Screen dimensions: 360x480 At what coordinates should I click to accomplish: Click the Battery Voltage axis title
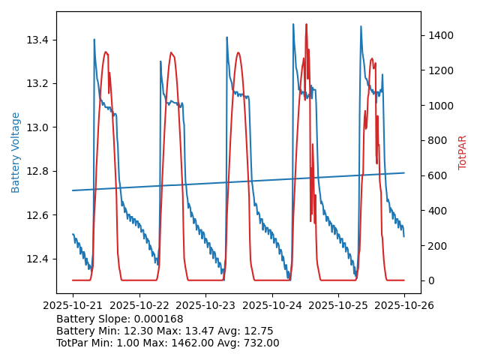click(x=16, y=152)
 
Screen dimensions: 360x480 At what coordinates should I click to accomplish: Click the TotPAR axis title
click(x=463, y=152)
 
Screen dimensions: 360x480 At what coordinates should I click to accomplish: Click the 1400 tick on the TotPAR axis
click(x=441, y=35)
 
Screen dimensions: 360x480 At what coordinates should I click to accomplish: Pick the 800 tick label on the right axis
click(x=438, y=140)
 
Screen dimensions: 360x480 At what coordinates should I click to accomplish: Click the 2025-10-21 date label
click(x=73, y=306)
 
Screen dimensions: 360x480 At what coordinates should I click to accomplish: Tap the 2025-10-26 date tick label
click(x=404, y=306)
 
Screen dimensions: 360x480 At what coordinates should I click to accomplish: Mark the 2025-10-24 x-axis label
click(x=271, y=306)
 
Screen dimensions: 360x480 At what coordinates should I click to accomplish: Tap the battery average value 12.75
click(x=258, y=331)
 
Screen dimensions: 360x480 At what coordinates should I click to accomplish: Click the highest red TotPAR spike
click(x=306, y=25)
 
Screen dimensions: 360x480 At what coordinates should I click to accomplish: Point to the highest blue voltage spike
click(x=293, y=25)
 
